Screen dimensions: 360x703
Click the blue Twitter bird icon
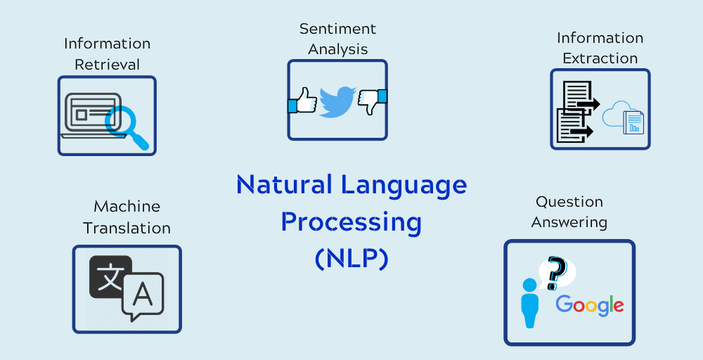coord(337,101)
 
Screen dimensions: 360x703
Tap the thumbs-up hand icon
coord(303,101)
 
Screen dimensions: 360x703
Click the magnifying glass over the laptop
coord(124,124)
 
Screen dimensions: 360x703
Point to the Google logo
coord(590,304)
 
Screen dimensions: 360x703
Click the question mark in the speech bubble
coord(556,272)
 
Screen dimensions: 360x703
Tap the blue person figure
coord(529,302)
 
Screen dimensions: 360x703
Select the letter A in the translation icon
coord(143,295)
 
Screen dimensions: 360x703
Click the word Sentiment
coord(337,29)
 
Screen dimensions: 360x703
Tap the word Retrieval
coord(107,64)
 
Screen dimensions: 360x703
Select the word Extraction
coord(600,58)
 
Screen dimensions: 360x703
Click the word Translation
coord(127,229)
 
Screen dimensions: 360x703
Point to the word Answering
coord(569,222)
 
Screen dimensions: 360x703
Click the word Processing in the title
coord(351,222)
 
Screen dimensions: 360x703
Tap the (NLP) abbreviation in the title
coord(351,259)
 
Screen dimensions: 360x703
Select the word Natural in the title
coord(285,185)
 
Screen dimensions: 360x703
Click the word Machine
coord(127,207)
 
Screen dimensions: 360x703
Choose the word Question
coord(569,202)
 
